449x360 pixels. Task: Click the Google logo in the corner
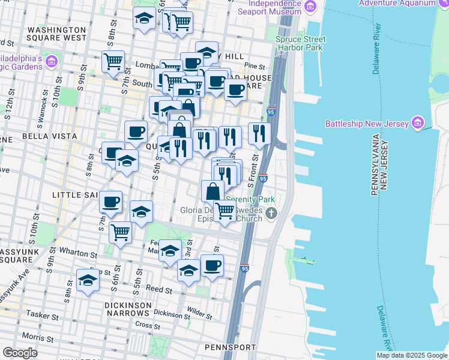tap(20, 353)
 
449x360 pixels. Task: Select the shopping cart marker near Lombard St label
tap(113, 61)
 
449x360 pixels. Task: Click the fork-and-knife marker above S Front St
tap(259, 133)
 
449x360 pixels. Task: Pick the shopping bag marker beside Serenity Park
tap(212, 191)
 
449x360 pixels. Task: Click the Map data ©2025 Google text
tap(412, 355)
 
